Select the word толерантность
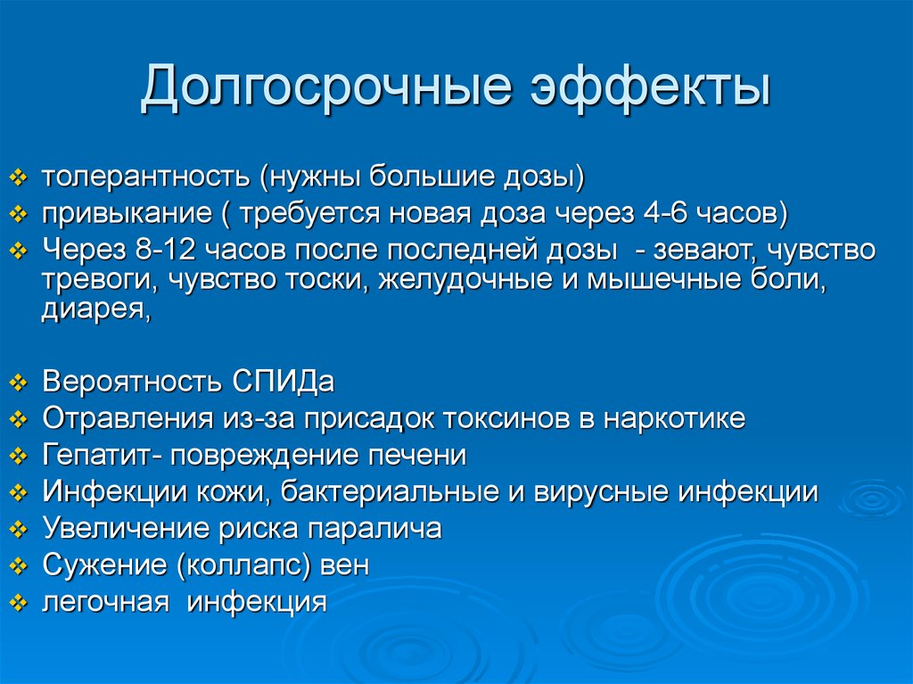[x=146, y=177]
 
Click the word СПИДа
[x=284, y=383]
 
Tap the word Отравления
[x=122, y=419]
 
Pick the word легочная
[x=105, y=602]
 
